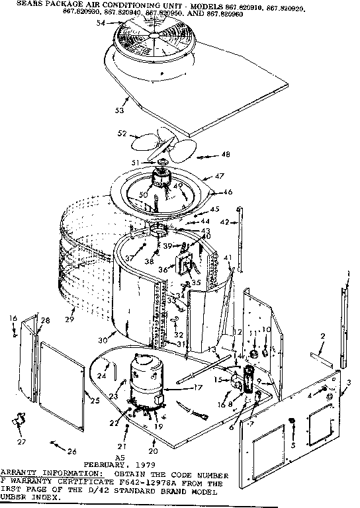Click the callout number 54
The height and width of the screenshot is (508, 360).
[101, 22]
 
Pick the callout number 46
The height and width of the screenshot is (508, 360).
[228, 192]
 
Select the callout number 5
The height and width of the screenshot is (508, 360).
[293, 444]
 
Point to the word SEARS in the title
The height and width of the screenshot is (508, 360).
[15, 3]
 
